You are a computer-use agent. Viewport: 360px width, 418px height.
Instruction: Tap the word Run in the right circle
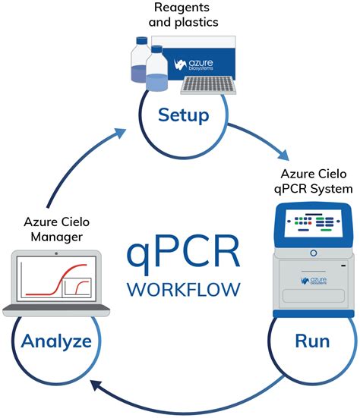tap(311, 341)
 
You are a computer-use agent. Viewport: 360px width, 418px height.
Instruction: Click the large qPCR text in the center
tap(185, 247)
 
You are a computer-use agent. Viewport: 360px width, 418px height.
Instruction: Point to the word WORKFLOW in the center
tap(185, 289)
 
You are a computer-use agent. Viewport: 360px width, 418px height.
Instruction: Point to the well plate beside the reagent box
tap(207, 83)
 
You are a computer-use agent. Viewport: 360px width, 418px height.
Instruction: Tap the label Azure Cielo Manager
tap(55, 229)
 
